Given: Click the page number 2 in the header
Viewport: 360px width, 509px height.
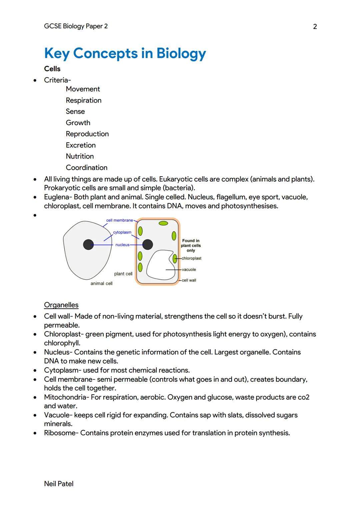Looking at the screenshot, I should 315,27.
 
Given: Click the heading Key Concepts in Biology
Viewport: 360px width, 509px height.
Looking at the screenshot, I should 125,53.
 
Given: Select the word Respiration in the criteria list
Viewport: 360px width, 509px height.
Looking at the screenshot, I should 83,100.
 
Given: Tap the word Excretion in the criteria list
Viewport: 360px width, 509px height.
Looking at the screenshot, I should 81,145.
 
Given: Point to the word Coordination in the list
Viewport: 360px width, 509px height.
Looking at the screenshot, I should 86,167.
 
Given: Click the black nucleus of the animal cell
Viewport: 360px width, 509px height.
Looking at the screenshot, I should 88,245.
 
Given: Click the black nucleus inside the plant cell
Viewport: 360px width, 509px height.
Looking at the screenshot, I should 148,245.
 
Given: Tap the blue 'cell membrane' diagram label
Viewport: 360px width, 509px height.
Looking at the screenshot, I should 119,220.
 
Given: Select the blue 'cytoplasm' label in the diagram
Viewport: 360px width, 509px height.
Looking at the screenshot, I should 122,232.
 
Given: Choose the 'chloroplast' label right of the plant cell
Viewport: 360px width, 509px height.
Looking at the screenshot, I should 191,258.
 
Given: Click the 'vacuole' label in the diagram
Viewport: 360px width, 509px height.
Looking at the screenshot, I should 189,270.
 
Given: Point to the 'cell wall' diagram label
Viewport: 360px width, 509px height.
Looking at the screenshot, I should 189,280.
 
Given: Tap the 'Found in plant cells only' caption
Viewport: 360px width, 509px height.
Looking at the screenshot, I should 191,245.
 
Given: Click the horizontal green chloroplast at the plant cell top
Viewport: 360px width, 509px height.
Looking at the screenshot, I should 163,223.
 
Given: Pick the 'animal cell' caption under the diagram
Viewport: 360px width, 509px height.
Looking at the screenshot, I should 101,283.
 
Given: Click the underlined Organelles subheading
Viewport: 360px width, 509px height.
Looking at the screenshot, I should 61,305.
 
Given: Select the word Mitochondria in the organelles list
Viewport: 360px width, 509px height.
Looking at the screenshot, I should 65,397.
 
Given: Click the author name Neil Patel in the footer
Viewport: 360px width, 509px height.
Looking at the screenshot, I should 59,484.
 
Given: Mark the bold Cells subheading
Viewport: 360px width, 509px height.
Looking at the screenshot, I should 52,69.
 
